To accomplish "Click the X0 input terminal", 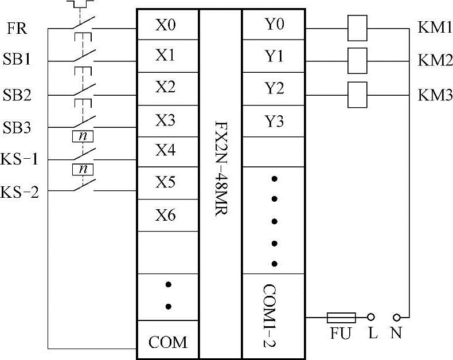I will pyautogui.click(x=167, y=25).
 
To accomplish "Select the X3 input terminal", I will pyautogui.click(x=167, y=121).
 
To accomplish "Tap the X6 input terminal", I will pyautogui.click(x=167, y=216).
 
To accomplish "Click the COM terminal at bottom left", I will pyautogui.click(x=167, y=343).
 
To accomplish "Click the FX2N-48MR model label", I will pyautogui.click(x=221, y=172).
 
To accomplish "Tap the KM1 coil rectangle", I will pyautogui.click(x=357, y=28).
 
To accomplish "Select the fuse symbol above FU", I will pyautogui.click(x=341, y=317).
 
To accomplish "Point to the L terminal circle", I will pyautogui.click(x=372, y=316).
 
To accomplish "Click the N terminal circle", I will pyautogui.click(x=396, y=316).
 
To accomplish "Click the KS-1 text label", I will pyautogui.click(x=19, y=159).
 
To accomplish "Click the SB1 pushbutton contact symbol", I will pyautogui.click(x=83, y=57).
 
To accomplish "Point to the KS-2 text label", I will pyautogui.click(x=19, y=191).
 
